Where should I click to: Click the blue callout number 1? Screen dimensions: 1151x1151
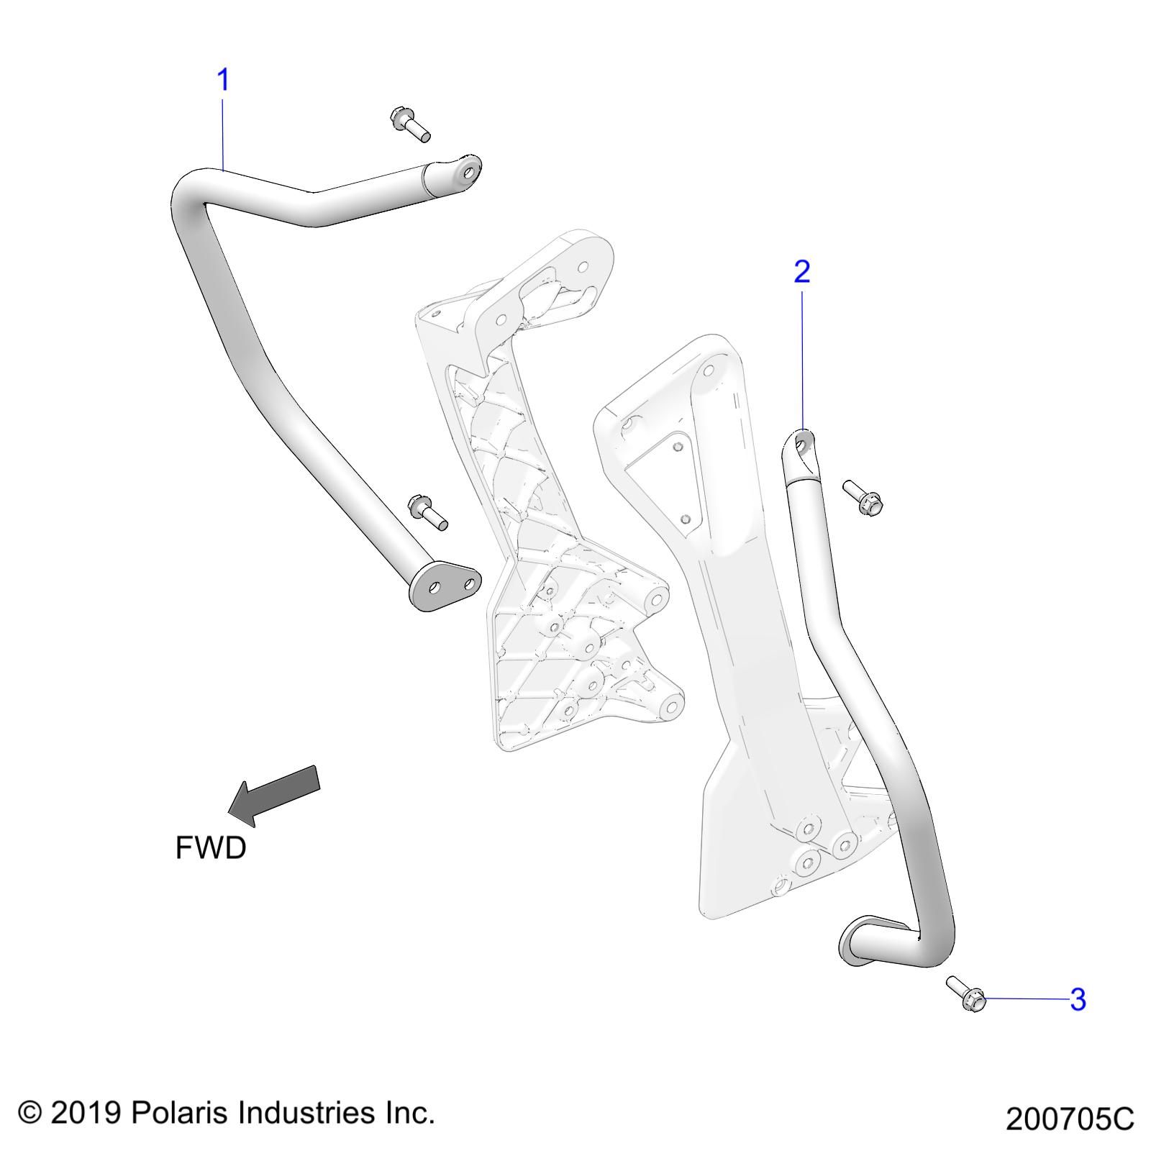(223, 80)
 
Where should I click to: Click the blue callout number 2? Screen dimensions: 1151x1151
(801, 271)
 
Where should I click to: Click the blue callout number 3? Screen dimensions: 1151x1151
(1077, 999)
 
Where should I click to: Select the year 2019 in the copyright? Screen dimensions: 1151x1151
(86, 1113)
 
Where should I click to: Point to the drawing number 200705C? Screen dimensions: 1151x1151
(1069, 1119)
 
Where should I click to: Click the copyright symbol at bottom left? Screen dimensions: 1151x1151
(29, 1113)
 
